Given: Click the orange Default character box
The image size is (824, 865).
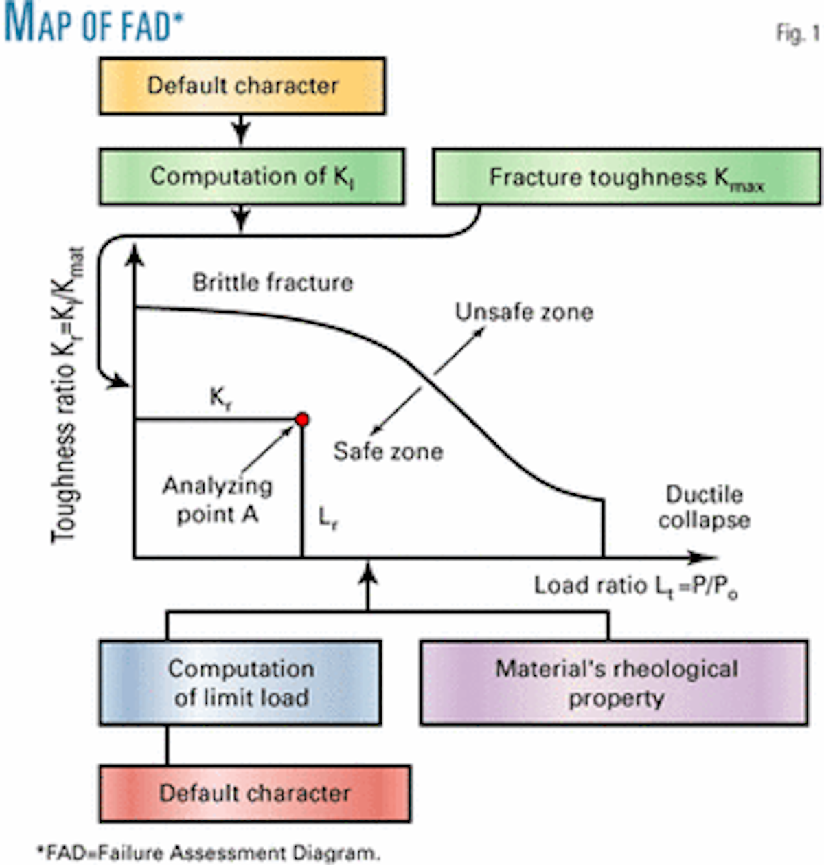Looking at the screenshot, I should [x=242, y=86].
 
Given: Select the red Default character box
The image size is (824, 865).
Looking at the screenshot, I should [x=255, y=794].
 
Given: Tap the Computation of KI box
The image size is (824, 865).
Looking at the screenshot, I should [x=251, y=177].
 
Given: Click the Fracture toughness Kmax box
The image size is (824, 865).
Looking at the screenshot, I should [x=626, y=178].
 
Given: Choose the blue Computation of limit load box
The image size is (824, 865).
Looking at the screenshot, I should [x=240, y=683].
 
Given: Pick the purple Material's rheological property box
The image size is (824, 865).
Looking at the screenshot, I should [x=614, y=683].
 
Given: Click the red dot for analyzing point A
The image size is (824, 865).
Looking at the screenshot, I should [x=301, y=420].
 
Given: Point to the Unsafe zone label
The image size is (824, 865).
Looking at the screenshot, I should [x=524, y=312].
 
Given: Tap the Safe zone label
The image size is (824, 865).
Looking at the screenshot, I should [x=388, y=451].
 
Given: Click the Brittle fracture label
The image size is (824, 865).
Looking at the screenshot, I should [x=273, y=282].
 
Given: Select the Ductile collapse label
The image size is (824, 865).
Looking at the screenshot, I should [x=704, y=507].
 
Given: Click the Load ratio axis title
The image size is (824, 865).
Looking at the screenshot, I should [x=636, y=586].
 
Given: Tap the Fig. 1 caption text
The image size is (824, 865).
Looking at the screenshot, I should [x=797, y=33].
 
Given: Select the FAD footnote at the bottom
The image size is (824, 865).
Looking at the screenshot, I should [x=207, y=853].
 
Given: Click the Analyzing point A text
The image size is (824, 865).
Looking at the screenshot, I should [x=217, y=499].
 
